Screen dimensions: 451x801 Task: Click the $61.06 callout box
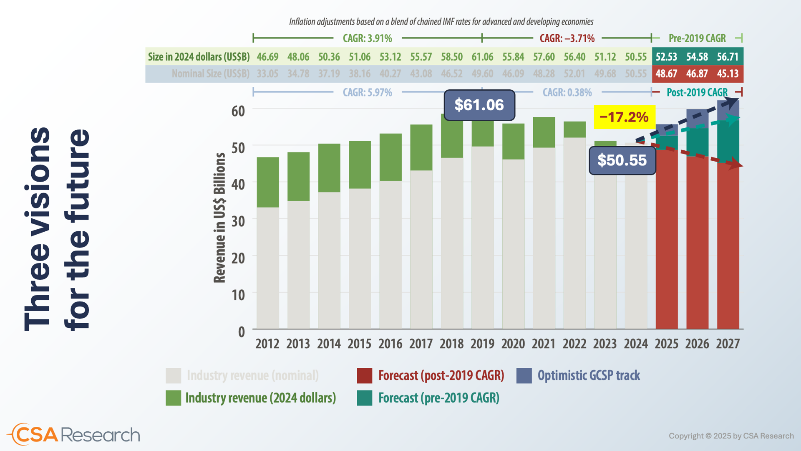479,105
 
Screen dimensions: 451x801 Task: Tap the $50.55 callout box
622,160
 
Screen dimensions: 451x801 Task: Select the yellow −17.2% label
624,117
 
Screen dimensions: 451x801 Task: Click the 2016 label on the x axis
390,344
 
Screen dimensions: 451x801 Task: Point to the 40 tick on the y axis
238,184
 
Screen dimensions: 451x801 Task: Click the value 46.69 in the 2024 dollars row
267,57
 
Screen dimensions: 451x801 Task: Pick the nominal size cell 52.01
574,74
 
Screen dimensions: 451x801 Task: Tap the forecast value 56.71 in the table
728,57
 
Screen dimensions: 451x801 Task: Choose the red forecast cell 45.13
728,74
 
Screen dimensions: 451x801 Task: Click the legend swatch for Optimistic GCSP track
524,375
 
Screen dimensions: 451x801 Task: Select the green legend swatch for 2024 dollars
173,398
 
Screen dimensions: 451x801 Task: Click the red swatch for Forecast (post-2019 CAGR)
364,375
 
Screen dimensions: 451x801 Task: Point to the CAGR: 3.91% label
367,38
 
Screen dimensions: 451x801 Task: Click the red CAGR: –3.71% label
567,38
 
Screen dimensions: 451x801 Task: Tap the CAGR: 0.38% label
567,92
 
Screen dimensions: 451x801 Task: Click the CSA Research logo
74,435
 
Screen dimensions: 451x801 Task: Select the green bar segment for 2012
267,182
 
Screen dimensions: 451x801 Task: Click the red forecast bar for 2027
728,246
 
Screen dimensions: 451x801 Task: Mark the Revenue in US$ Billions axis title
219,218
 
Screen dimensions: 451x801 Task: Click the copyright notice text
731,436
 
